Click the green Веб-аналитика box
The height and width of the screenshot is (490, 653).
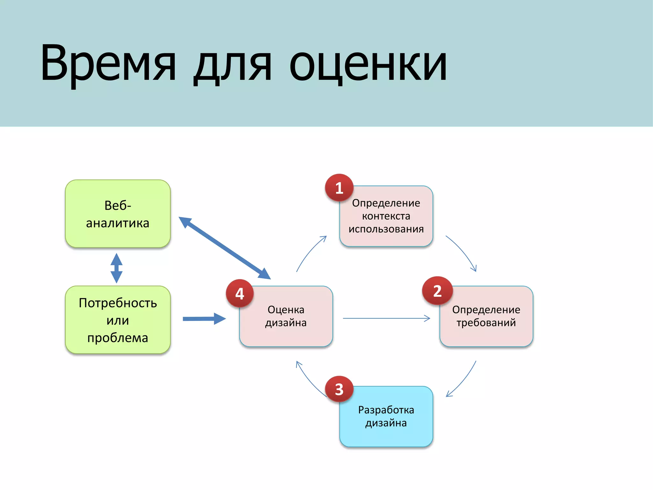[118, 214]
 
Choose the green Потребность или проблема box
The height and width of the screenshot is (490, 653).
[118, 320]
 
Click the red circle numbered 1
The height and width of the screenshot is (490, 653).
[339, 188]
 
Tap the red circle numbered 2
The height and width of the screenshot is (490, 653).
[437, 291]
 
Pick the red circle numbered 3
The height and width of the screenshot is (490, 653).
[339, 389]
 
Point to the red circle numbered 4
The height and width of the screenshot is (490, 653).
[240, 293]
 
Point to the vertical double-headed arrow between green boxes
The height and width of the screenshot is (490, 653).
[116, 268]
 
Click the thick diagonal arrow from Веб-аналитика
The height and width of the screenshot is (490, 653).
[224, 248]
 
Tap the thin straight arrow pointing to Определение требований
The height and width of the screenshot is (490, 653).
[386, 318]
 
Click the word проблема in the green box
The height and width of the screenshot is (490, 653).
[118, 338]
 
